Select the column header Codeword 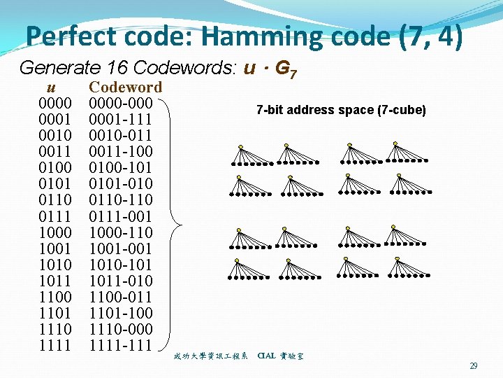click(x=125, y=87)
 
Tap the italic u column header click(x=50, y=87)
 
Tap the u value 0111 click(x=55, y=216)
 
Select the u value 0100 click(x=55, y=168)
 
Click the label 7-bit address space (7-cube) click(x=341, y=110)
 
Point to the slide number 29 click(x=473, y=366)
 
